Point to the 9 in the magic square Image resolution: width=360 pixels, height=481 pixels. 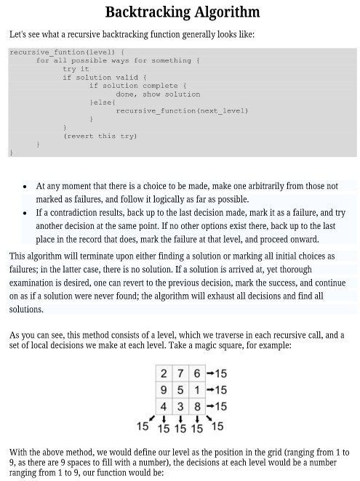point(163,389)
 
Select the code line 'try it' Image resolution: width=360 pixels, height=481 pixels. point(75,69)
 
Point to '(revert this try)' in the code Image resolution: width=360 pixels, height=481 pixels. point(100,136)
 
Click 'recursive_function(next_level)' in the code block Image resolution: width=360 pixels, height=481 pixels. point(182,110)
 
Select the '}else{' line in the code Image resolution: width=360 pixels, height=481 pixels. point(103,102)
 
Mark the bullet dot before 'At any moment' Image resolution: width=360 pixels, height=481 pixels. point(25,187)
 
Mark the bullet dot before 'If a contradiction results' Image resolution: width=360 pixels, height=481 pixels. point(25,213)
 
